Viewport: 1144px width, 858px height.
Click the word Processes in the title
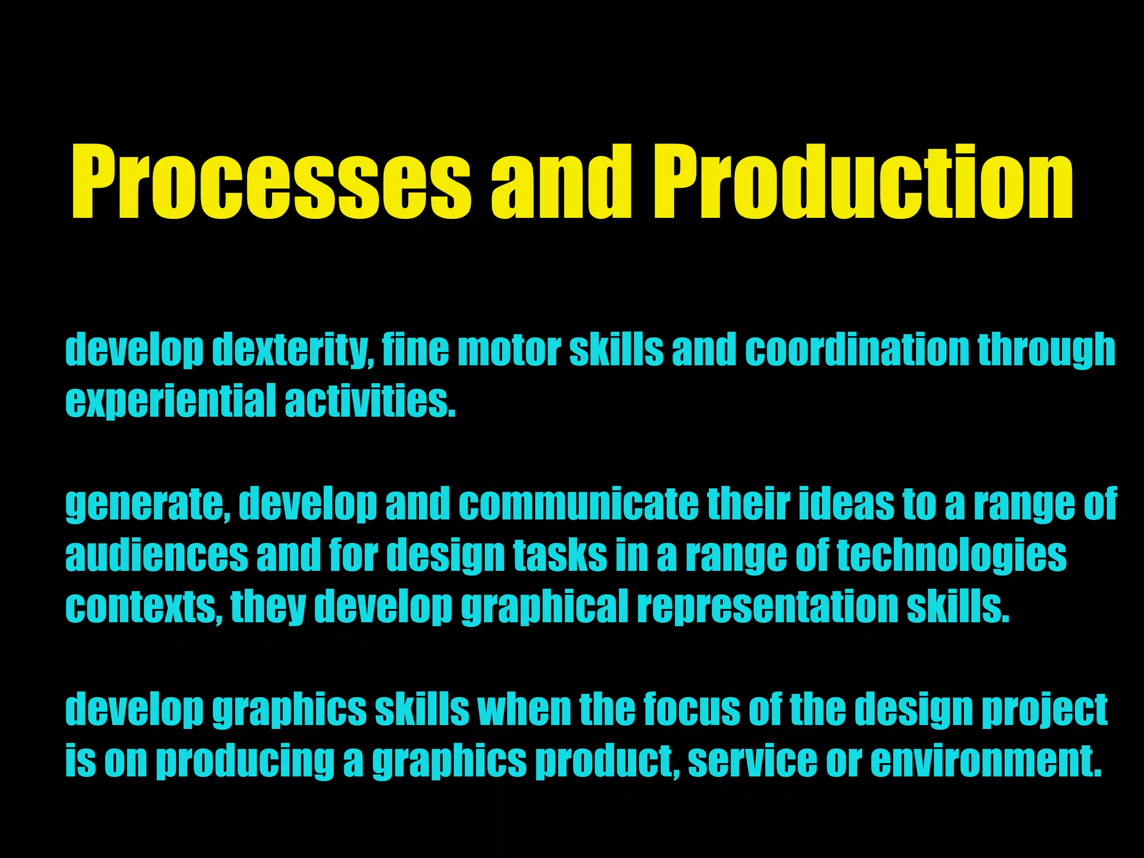[271, 182]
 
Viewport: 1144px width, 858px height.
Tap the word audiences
[156, 556]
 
